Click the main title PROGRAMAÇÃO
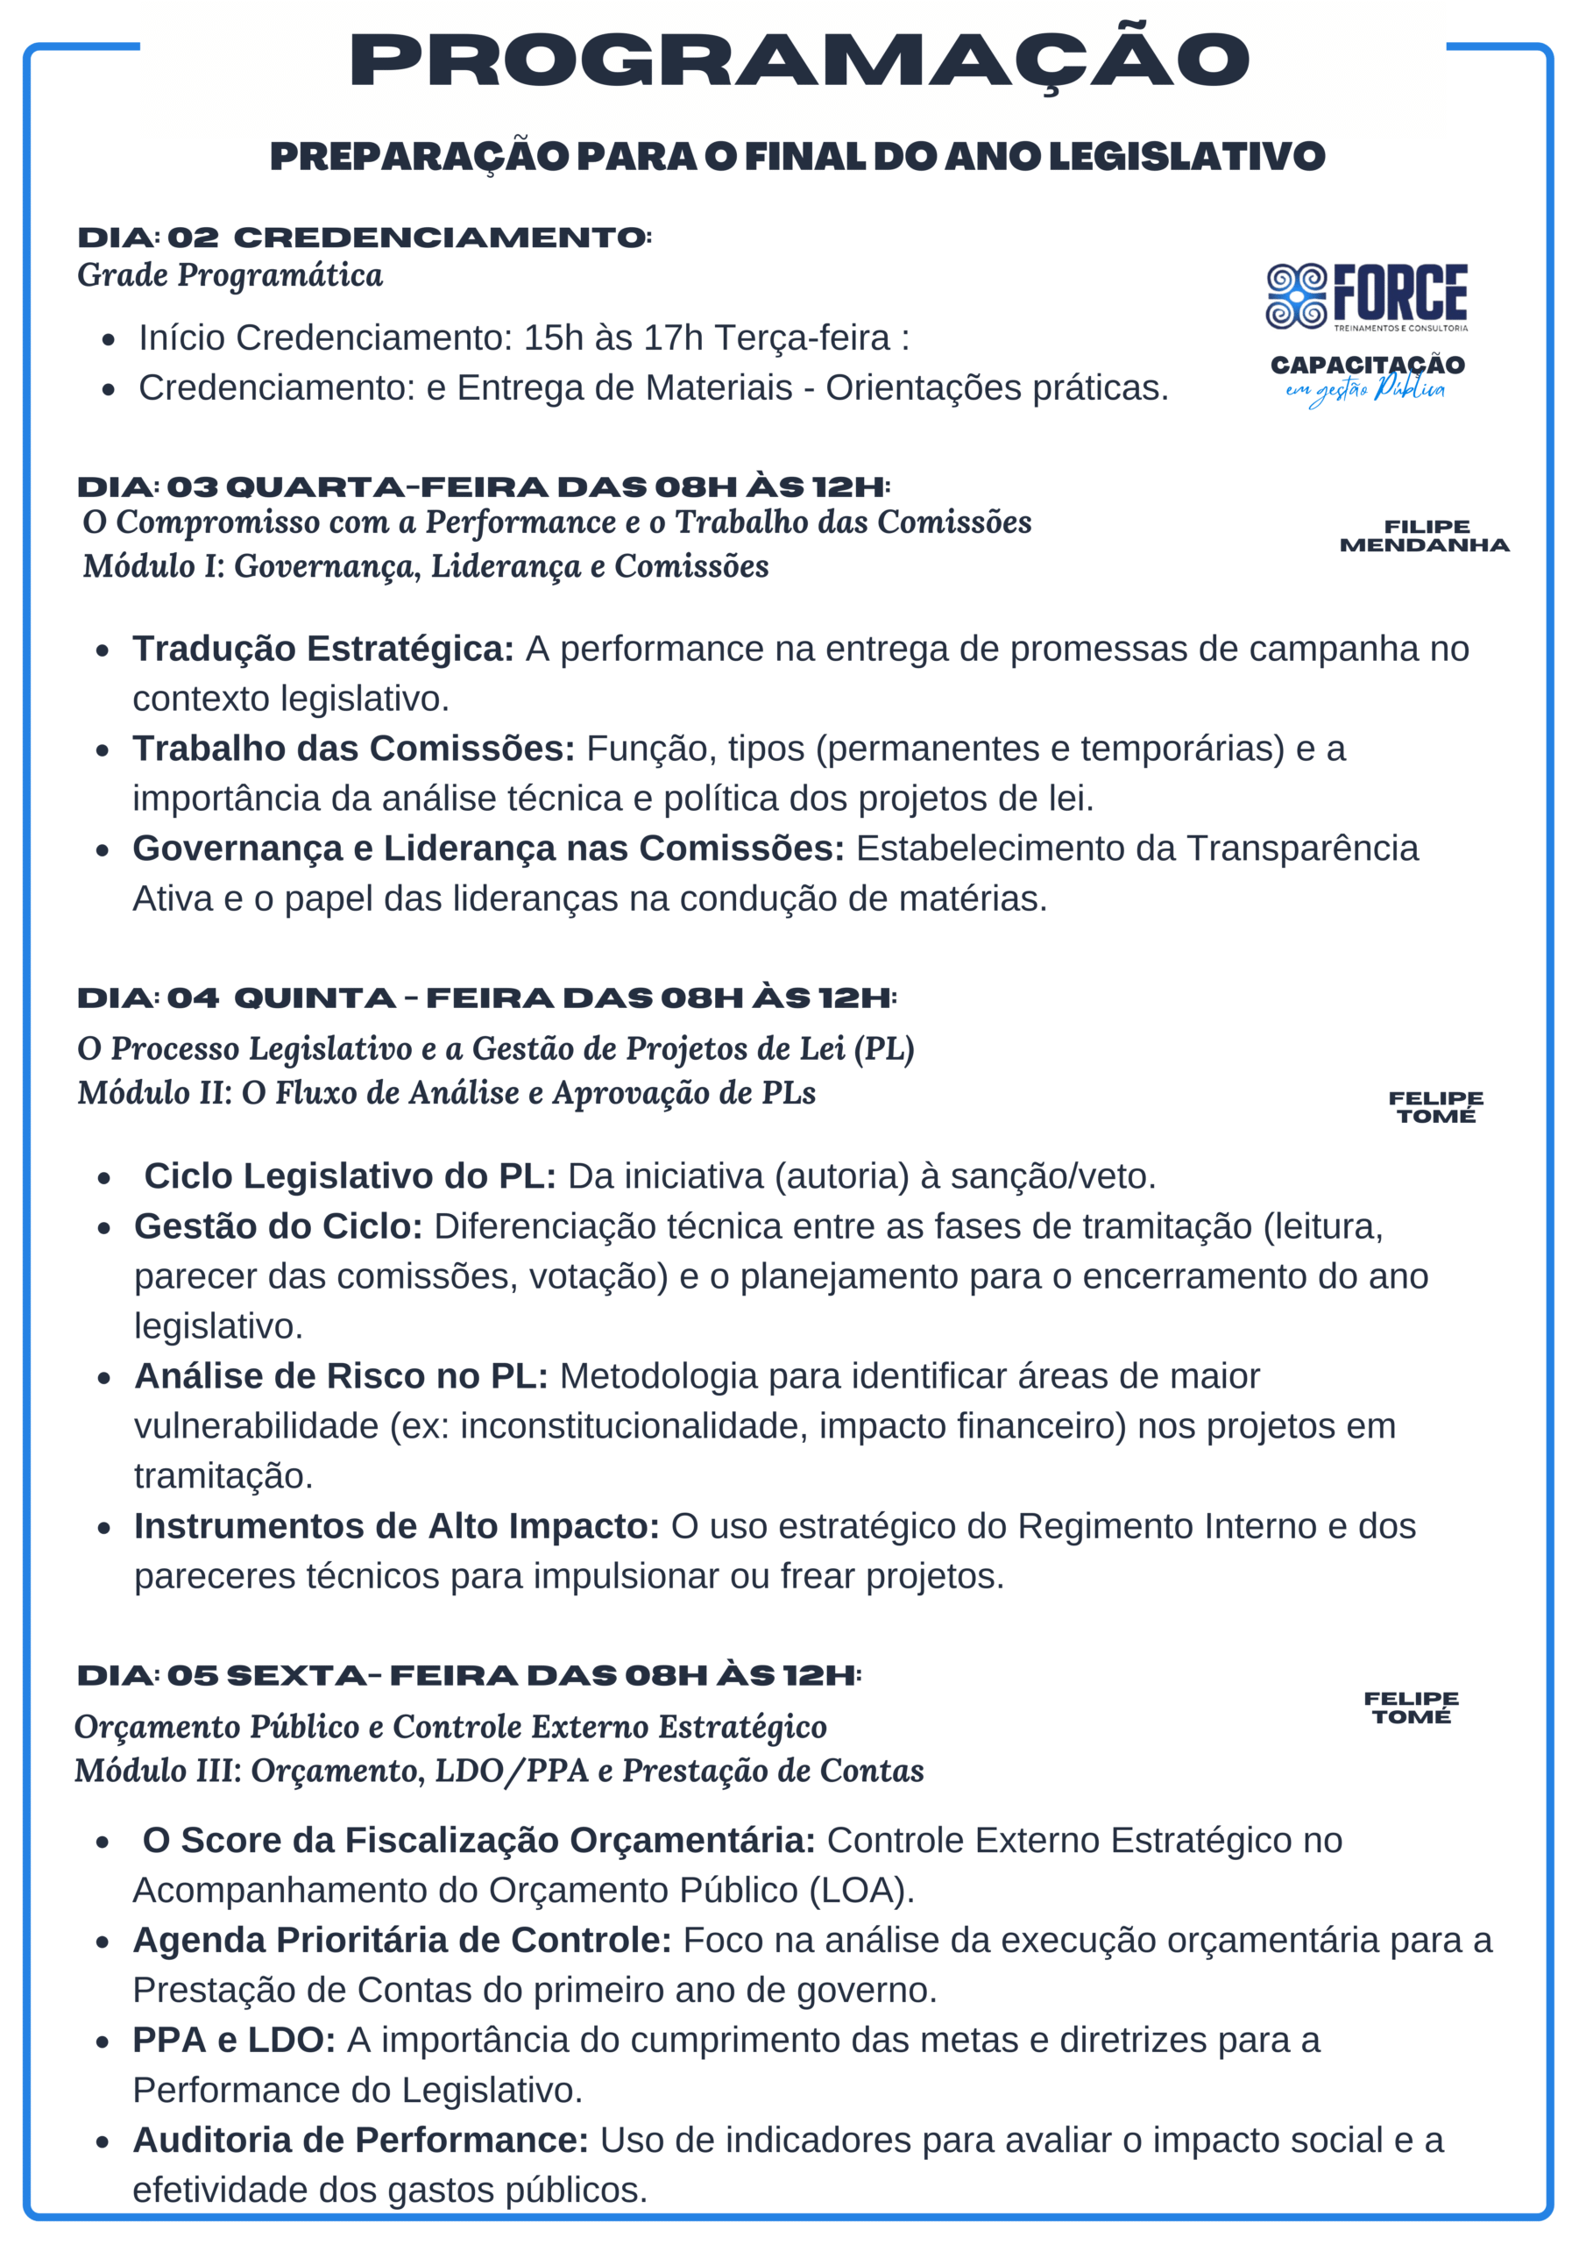(x=798, y=60)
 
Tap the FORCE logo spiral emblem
(x=1296, y=296)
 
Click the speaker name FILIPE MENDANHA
(x=1424, y=536)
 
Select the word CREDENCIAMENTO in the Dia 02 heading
(x=441, y=238)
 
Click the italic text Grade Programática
(x=230, y=275)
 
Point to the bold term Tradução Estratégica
(x=322, y=649)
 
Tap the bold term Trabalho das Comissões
(x=354, y=749)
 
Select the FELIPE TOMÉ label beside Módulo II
(x=1435, y=1107)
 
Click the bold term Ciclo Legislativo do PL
(x=350, y=1175)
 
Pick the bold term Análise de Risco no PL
(x=341, y=1376)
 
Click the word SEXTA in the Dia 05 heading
(x=295, y=1676)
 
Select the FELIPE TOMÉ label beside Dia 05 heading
(x=1411, y=1708)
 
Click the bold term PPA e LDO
(x=234, y=2040)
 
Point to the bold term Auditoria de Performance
(x=361, y=2140)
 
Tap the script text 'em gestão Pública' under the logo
(x=1366, y=390)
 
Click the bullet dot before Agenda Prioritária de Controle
(x=103, y=1942)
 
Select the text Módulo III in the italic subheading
(x=156, y=1771)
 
